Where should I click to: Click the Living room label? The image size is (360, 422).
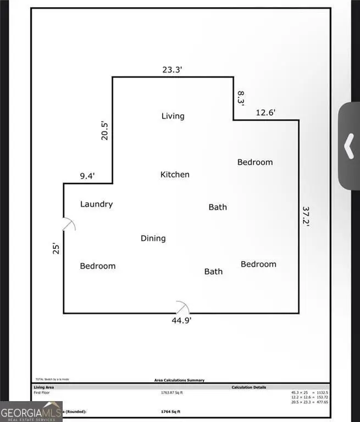(x=173, y=116)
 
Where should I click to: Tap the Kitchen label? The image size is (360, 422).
(x=175, y=175)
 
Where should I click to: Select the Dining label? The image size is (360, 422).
(x=153, y=238)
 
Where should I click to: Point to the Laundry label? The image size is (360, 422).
(x=96, y=204)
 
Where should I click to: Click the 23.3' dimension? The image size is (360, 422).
(x=173, y=70)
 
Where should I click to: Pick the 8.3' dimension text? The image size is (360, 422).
(x=240, y=98)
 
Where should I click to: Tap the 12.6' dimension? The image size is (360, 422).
(x=265, y=113)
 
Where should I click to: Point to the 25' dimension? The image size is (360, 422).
(x=56, y=248)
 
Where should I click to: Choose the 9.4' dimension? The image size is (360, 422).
(x=87, y=176)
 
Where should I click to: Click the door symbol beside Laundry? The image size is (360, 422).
(x=69, y=224)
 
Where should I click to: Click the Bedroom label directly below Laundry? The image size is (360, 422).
(x=98, y=266)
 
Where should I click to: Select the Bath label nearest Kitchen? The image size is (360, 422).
(x=218, y=207)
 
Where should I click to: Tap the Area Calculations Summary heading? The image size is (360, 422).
(x=179, y=380)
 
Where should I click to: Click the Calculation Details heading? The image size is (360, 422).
(x=248, y=387)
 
